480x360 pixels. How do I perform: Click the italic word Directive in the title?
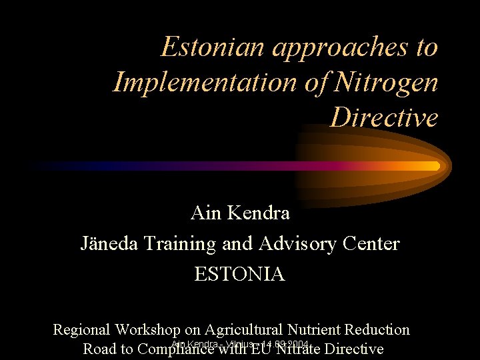click(385, 118)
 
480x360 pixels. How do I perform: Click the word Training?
click(181, 244)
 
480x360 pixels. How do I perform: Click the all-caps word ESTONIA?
click(239, 274)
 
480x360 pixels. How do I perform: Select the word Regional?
click(81, 329)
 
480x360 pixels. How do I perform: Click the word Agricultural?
click(244, 329)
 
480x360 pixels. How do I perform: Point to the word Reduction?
click(378, 329)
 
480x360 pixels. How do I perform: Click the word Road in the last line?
click(98, 349)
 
